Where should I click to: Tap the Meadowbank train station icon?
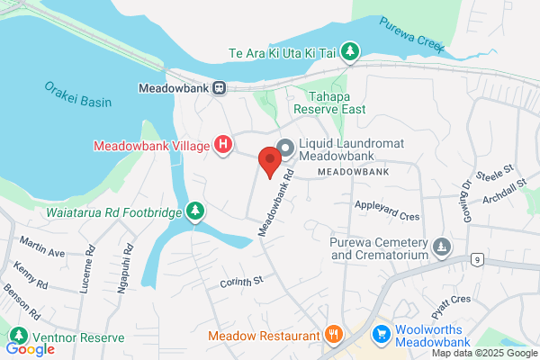pyautogui.click(x=220, y=88)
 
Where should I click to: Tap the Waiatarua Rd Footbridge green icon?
pyautogui.click(x=194, y=211)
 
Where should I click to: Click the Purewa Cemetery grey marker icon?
pyautogui.click(x=440, y=245)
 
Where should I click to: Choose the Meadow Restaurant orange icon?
pyautogui.click(x=333, y=335)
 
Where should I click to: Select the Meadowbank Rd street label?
pyautogui.click(x=276, y=202)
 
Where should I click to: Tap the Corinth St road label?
pyautogui.click(x=240, y=283)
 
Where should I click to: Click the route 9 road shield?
pyautogui.click(x=475, y=259)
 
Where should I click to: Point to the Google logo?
pyautogui.click(x=31, y=349)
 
